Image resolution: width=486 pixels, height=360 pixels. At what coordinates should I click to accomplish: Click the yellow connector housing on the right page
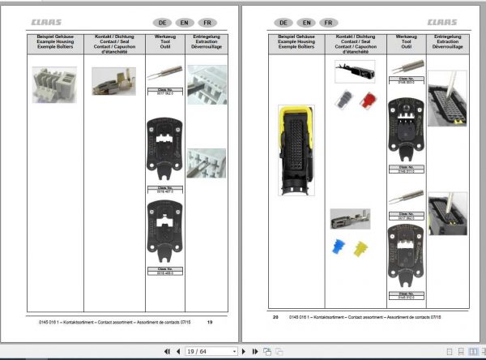click(292, 150)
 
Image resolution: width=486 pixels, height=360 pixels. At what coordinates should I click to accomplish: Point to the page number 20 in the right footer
click(275, 317)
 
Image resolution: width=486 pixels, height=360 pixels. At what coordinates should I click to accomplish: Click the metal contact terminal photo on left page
click(108, 79)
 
